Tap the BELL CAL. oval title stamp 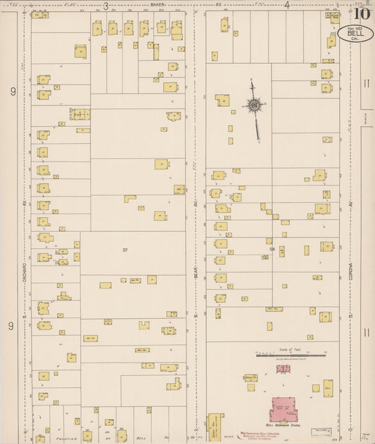(x=355, y=33)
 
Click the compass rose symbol (x=254, y=106)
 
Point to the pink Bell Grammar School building (x=284, y=409)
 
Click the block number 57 (x=125, y=250)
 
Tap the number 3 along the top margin (x=106, y=6)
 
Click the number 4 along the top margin (x=287, y=6)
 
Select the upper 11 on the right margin (x=365, y=84)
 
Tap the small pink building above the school (x=284, y=367)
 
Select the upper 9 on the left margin (x=12, y=91)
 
